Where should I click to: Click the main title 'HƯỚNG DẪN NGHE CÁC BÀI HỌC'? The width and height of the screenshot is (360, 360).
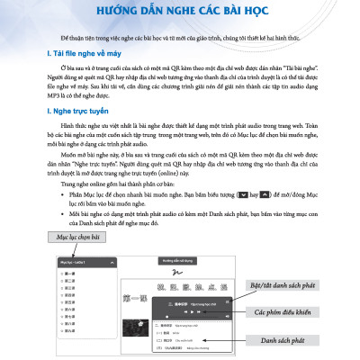coord(179,12)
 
